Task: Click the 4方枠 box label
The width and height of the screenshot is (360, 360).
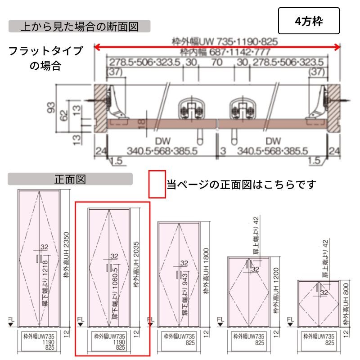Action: pyautogui.click(x=309, y=21)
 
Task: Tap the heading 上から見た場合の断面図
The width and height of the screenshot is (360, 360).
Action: pyautogui.click(x=79, y=26)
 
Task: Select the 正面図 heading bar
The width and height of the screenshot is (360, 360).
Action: pyautogui.click(x=70, y=179)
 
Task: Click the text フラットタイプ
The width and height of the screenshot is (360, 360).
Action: pyautogui.click(x=46, y=51)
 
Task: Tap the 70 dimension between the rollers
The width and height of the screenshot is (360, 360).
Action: pyautogui.click(x=216, y=62)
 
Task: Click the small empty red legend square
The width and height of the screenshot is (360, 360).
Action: pyautogui.click(x=157, y=184)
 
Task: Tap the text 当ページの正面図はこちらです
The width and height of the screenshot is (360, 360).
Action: pyautogui.click(x=242, y=184)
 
